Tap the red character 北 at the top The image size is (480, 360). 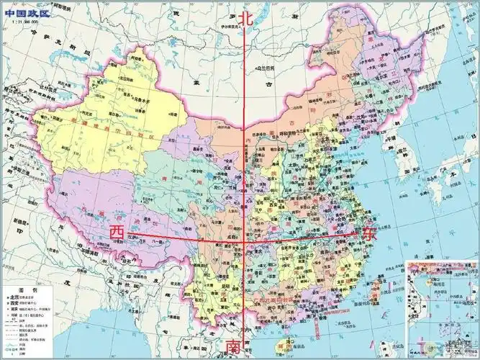coord(248,19)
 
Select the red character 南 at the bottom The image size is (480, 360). coord(235,347)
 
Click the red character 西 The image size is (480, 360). coord(116,233)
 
